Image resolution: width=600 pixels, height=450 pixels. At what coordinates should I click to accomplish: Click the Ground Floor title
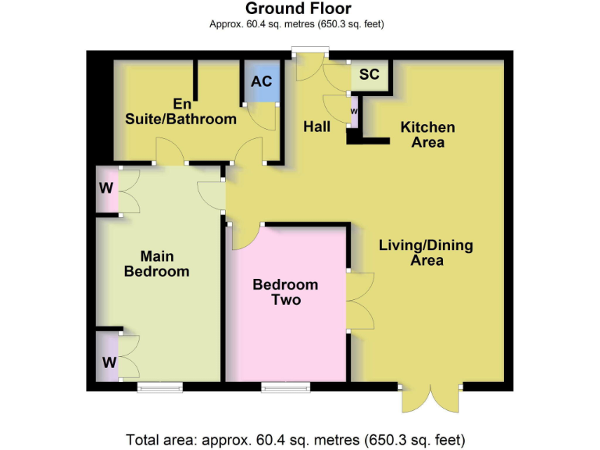[298, 9]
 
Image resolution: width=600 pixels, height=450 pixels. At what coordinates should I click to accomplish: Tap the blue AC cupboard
[261, 82]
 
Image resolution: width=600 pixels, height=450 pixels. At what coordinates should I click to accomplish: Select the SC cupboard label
[369, 75]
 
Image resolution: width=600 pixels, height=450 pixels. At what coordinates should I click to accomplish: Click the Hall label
[316, 127]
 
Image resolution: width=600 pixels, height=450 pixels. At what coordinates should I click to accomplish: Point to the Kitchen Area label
[427, 134]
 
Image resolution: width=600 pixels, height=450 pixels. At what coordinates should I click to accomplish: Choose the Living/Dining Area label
[426, 252]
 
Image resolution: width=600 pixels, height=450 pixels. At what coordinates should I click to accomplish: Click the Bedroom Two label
[285, 292]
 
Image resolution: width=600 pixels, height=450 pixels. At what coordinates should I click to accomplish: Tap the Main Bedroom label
[156, 263]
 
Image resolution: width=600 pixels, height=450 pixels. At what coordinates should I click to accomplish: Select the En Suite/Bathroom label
[181, 111]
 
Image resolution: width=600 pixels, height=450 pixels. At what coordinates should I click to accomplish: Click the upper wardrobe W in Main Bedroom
[107, 188]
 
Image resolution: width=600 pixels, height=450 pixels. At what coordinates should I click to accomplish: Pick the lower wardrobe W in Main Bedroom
[108, 362]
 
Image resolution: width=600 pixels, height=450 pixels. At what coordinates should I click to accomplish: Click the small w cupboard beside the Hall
[354, 111]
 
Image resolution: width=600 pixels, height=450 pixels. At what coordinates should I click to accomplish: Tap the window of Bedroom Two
[284, 386]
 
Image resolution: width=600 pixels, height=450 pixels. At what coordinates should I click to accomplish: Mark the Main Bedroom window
[160, 386]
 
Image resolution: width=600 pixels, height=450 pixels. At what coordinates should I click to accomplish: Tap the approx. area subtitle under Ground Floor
[297, 24]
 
